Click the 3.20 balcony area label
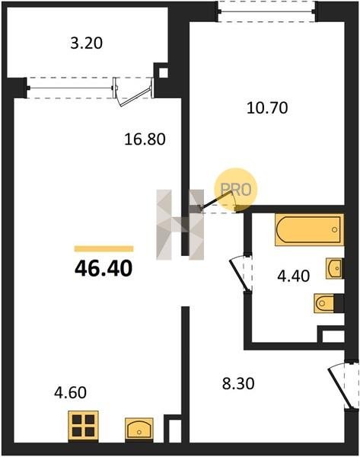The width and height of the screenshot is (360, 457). coord(87,43)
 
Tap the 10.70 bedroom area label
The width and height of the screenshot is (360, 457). coord(267,108)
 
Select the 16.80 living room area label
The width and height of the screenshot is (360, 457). coord(145,139)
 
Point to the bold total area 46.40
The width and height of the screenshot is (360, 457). coord(104,268)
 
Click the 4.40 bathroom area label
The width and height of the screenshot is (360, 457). coord(293,276)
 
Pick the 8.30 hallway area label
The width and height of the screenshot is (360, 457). coord(238,383)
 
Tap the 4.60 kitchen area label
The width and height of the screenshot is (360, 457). coord(70,392)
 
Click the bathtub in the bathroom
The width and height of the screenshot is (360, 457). coord(309,230)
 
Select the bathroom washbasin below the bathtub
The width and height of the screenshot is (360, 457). coord(334,268)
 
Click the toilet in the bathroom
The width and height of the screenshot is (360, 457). coord(328,303)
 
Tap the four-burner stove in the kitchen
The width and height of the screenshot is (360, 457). coord(83,426)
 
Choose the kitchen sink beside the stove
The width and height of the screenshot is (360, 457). coord(139,428)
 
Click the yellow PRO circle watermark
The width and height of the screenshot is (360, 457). coord(236,190)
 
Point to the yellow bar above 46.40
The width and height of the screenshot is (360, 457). coord(104,248)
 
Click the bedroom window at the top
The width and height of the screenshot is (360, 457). coord(267,11)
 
